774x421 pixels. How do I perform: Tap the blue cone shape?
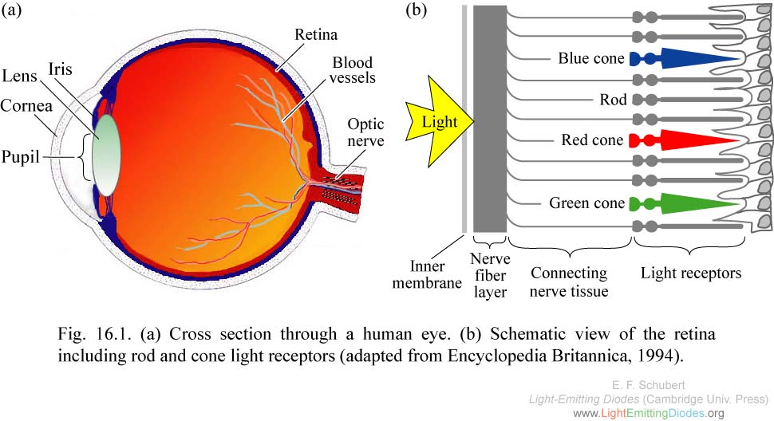[x=685, y=58]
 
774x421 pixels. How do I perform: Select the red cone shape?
[x=685, y=140]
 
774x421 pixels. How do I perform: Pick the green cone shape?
[x=685, y=203]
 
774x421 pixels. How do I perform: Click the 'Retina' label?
[x=316, y=34]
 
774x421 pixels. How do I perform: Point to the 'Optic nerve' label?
[x=365, y=132]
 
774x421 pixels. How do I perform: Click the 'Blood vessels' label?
[x=353, y=70]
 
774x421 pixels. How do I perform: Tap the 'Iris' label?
[x=60, y=69]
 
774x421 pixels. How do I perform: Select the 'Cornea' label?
[x=26, y=105]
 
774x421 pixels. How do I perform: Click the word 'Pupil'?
[x=20, y=157]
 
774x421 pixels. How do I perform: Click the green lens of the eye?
[x=106, y=155]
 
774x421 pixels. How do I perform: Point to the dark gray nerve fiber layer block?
[x=490, y=119]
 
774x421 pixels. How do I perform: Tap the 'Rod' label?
[x=613, y=100]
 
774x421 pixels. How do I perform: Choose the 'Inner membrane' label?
[x=427, y=274]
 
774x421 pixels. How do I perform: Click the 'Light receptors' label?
[x=691, y=273]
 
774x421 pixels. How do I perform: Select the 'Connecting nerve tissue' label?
[x=569, y=282]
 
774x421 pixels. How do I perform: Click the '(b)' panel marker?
[x=416, y=10]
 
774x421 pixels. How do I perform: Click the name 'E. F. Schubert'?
[x=648, y=385]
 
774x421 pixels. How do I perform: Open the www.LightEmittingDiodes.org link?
[x=649, y=413]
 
